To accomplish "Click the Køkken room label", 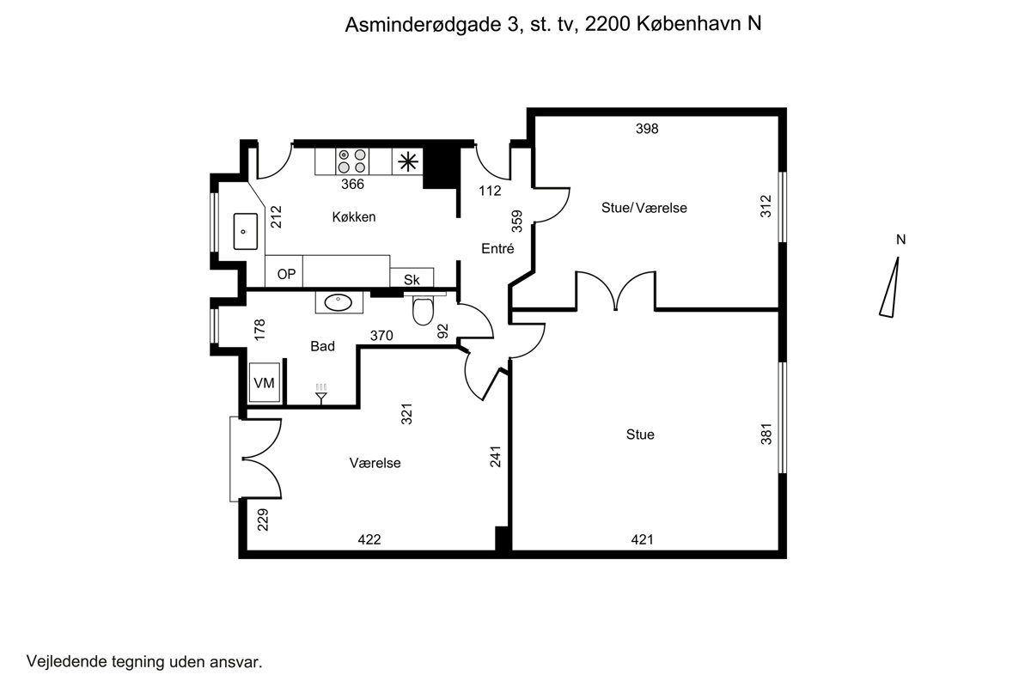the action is pos(353,216).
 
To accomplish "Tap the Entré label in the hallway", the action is pos(497,248).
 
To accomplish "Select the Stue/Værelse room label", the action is pos(644,208).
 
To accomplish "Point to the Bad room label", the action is pos(322,346).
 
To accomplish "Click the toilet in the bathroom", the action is pos(423,310).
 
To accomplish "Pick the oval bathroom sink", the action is pos(339,302).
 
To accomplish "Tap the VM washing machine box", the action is pos(265,382).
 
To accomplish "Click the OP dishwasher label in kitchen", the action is pos(286,274).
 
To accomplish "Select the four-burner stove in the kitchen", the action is pos(352,161).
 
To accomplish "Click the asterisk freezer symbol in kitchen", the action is pos(408,161).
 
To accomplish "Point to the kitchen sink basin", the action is pos(246,232).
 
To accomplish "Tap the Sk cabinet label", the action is pos(412,279).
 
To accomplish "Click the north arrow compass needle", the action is pos(890,287).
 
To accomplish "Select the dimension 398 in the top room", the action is pos(647,129).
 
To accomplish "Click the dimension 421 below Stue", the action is pos(642,539).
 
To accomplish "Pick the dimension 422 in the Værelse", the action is pos(369,539).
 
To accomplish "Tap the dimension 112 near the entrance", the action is pos(490,191).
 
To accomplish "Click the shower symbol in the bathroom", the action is pos(321,394).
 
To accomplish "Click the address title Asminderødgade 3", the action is pos(434,24).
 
